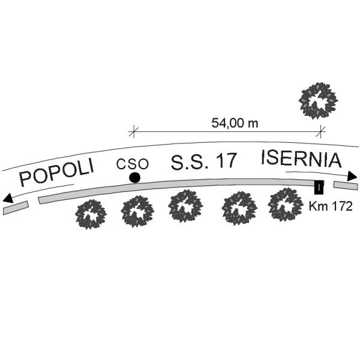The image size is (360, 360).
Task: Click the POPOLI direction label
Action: (57, 172)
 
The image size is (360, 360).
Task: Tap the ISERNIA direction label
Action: (301, 158)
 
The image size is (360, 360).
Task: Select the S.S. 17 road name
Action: (203, 161)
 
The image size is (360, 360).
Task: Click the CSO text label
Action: (132, 164)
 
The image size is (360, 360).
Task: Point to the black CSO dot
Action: (134, 178)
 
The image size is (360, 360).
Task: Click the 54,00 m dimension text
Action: (235, 123)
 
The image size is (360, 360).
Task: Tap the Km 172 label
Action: (331, 206)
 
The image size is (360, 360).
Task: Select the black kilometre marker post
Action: (319, 187)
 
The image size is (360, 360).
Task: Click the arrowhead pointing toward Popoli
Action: (8, 199)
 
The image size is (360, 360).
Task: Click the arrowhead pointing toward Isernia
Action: (352, 176)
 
